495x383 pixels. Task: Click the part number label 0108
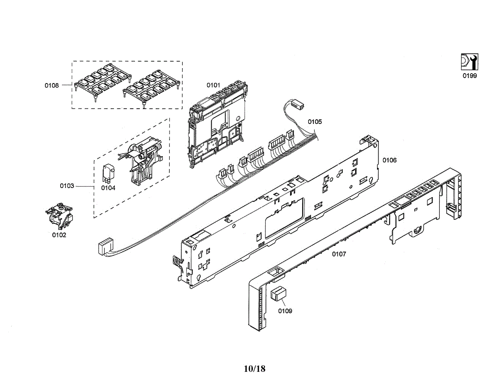52,86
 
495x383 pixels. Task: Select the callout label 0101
213,85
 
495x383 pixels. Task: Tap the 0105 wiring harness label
315,122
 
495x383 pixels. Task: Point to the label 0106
389,160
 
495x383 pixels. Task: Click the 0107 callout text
339,254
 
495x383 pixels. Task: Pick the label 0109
285,311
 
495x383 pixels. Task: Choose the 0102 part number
59,235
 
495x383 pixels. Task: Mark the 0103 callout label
67,186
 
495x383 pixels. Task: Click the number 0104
108,188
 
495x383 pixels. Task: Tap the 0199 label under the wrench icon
469,76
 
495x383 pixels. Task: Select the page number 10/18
255,369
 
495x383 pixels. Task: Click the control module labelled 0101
217,124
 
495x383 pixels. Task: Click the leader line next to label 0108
66,86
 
